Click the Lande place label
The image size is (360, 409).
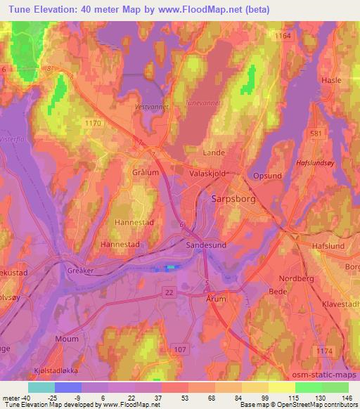click(x=214, y=152)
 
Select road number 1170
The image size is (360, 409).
click(x=93, y=123)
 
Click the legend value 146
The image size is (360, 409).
click(x=346, y=398)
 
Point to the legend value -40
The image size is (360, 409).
click(x=18, y=398)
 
